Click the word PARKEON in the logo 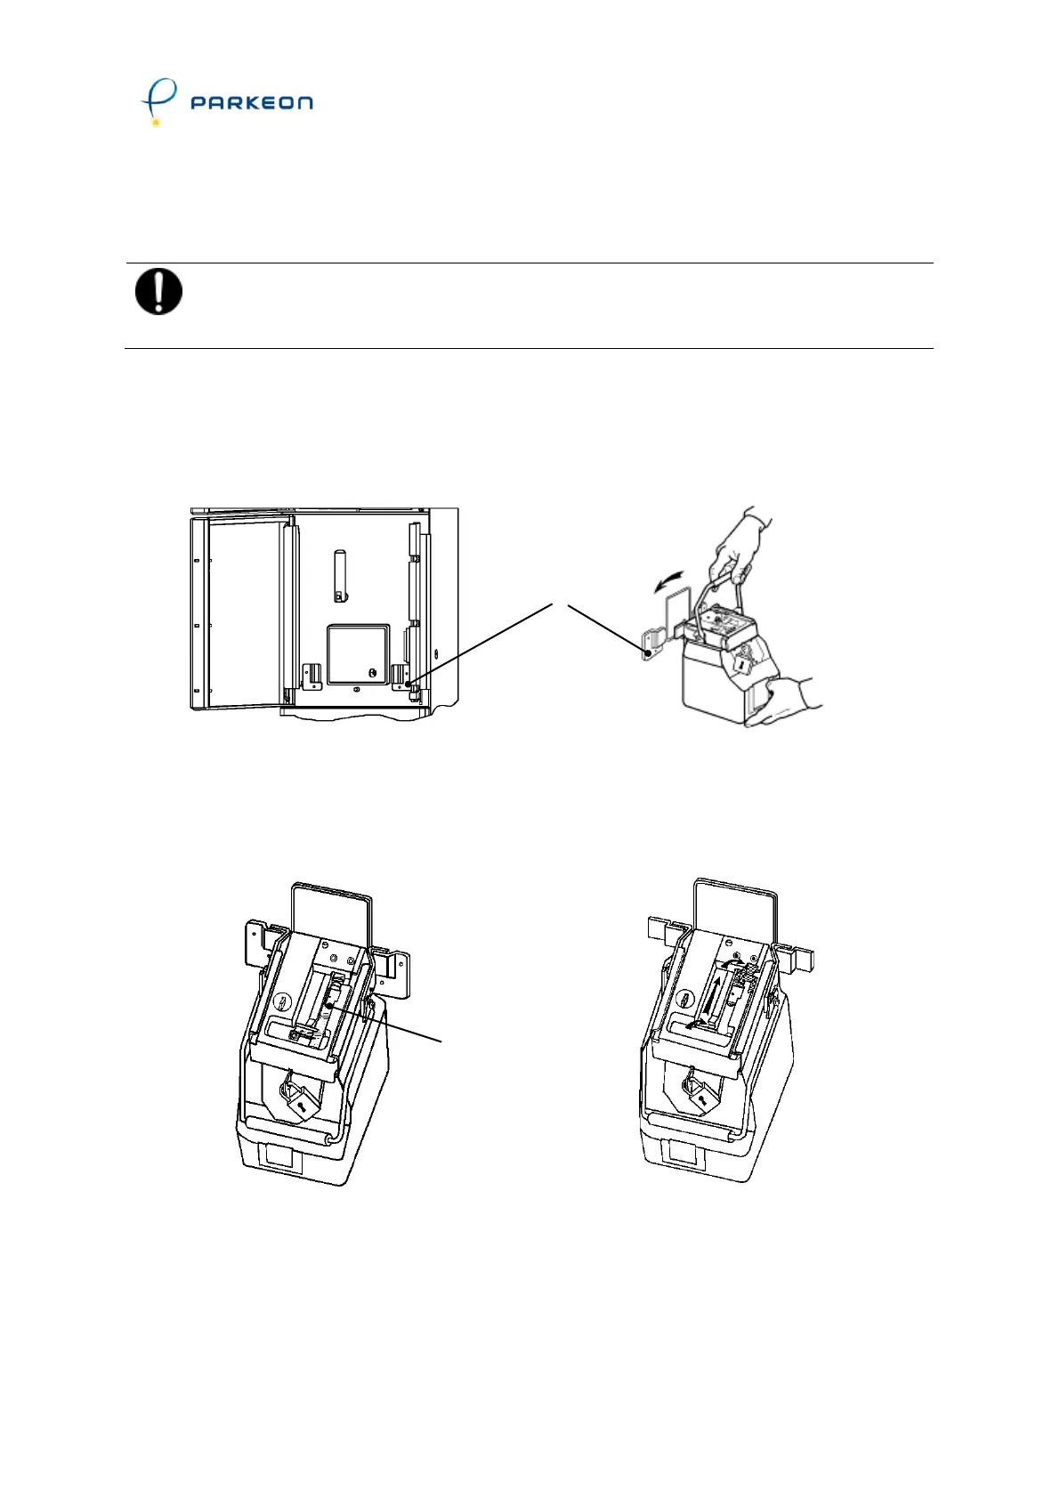coord(251,102)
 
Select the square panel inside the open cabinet coord(359,654)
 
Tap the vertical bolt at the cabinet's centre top coord(339,575)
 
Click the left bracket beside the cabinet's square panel coord(311,676)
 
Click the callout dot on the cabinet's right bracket coord(409,684)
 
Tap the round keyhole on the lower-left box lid coord(282,1001)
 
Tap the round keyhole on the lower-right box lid coord(685,998)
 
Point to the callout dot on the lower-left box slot coord(329,1005)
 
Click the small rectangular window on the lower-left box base coord(278,1158)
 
